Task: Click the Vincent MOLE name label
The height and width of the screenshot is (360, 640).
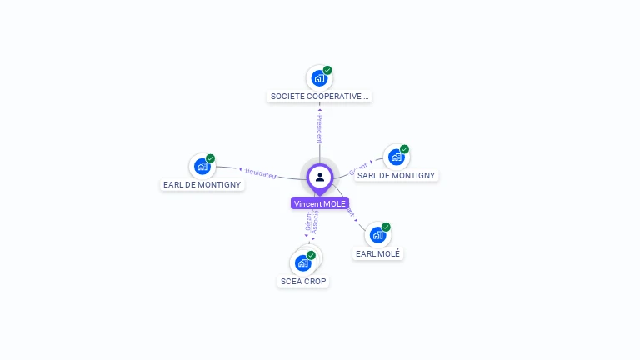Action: click(x=320, y=203)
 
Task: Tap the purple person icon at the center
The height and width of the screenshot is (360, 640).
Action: click(x=320, y=177)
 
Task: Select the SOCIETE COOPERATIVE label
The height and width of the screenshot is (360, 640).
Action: click(x=319, y=97)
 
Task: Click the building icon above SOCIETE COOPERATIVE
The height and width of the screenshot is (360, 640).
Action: click(x=318, y=78)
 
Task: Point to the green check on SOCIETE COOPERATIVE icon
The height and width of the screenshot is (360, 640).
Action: click(x=327, y=71)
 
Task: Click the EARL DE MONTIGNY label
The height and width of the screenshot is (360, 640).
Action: click(x=202, y=185)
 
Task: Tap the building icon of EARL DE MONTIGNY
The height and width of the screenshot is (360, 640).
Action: click(x=202, y=166)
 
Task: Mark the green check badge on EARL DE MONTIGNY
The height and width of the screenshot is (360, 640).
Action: click(x=211, y=158)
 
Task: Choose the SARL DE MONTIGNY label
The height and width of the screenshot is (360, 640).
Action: click(x=396, y=176)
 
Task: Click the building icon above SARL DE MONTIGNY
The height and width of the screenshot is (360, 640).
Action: click(x=396, y=157)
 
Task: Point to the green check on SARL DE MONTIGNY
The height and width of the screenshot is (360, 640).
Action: click(x=404, y=150)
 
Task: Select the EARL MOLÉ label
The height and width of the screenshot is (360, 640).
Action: click(x=377, y=253)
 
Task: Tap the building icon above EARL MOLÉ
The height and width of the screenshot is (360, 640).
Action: click(x=377, y=234)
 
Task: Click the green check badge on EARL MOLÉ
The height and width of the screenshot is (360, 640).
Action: click(x=386, y=227)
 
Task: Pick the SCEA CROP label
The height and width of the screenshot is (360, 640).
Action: click(x=303, y=282)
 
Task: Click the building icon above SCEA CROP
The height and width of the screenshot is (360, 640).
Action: click(x=302, y=262)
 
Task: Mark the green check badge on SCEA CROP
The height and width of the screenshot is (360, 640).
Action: click(x=311, y=255)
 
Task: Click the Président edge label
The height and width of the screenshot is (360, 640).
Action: click(x=319, y=129)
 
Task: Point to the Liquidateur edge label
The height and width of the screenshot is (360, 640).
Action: click(x=261, y=173)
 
